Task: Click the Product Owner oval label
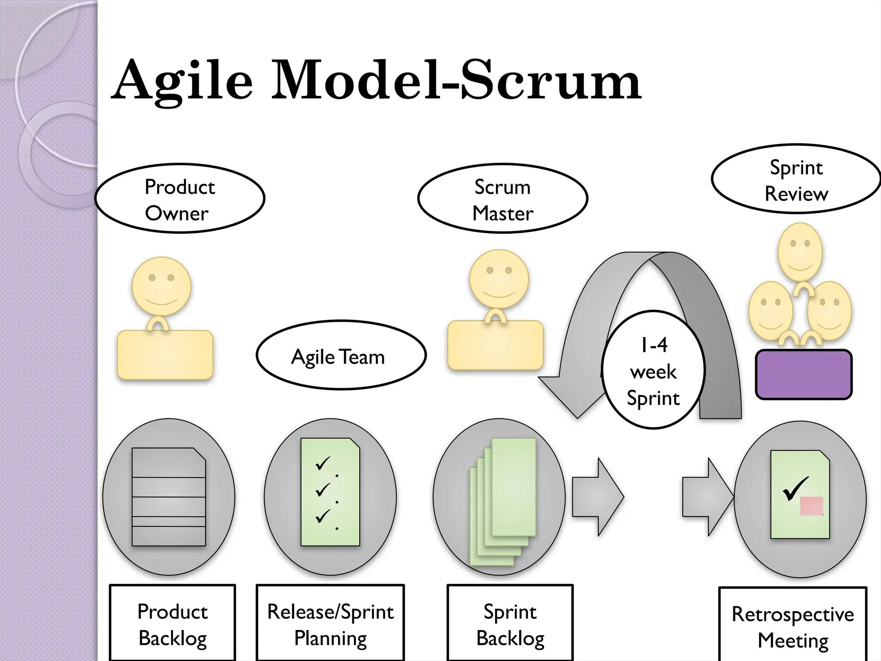click(179, 199)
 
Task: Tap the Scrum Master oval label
click(502, 199)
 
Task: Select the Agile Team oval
click(341, 355)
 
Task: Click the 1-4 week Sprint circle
click(653, 370)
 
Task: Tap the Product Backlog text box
click(173, 624)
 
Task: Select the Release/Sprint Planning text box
click(330, 624)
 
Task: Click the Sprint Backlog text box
click(510, 624)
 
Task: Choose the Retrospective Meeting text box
click(792, 626)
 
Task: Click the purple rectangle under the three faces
click(804, 374)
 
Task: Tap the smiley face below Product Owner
click(161, 286)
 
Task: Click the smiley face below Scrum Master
click(499, 279)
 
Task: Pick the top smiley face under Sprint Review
click(800, 252)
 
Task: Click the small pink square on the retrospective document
click(811, 506)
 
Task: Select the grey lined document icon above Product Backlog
click(169, 497)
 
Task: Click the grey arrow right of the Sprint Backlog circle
click(598, 497)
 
